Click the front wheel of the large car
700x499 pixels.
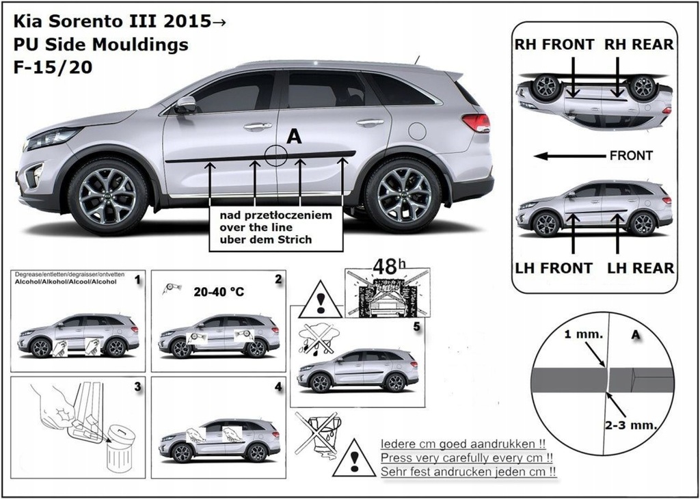click(x=107, y=196)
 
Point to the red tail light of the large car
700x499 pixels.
click(x=476, y=122)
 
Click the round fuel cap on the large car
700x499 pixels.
click(x=417, y=131)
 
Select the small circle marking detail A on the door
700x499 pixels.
click(x=275, y=155)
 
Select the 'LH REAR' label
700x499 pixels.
click(x=640, y=268)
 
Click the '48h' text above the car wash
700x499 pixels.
click(x=386, y=266)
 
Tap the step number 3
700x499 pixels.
click(x=137, y=386)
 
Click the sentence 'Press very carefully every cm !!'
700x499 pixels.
click(x=466, y=457)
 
